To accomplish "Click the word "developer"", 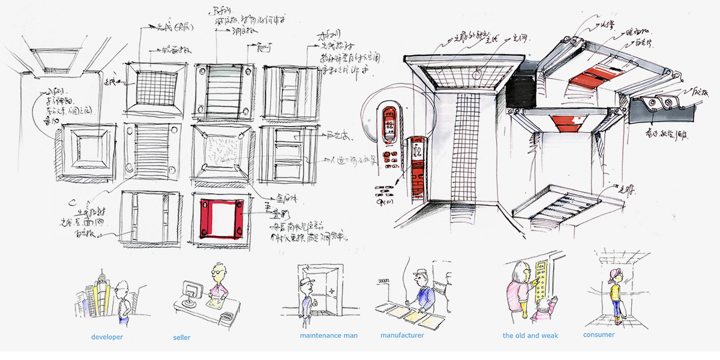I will click(107, 337).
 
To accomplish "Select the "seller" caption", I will click(181, 338).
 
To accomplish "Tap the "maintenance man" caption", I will click(328, 335).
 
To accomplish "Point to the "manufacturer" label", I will click(402, 335).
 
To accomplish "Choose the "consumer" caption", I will click(599, 335).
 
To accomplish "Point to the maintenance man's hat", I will click(310, 282).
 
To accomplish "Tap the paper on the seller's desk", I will click(212, 305).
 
